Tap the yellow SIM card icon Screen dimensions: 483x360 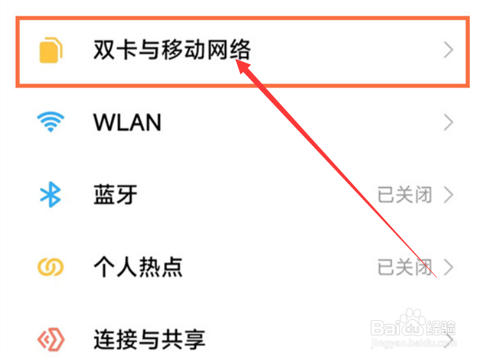point(50,50)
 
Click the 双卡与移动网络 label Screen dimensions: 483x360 point(172,50)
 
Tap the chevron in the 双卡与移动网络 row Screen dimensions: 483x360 point(448,50)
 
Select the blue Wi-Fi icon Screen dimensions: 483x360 point(50,122)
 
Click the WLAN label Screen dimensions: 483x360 point(127,122)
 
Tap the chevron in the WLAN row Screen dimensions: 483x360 point(448,122)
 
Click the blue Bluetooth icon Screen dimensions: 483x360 point(50,195)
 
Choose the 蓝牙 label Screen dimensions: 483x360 point(116,195)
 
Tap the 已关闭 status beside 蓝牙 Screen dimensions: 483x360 point(405,195)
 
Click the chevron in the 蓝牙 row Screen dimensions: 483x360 point(448,195)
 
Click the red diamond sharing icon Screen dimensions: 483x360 point(50,339)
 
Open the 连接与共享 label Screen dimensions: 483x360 point(149,339)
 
